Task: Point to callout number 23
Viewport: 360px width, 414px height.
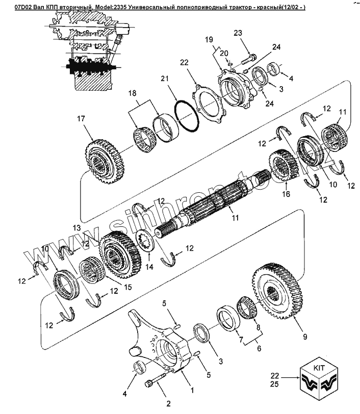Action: click(238, 34)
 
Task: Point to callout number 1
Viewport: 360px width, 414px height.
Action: click(192, 391)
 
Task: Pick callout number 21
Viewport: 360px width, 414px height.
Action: click(164, 79)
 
